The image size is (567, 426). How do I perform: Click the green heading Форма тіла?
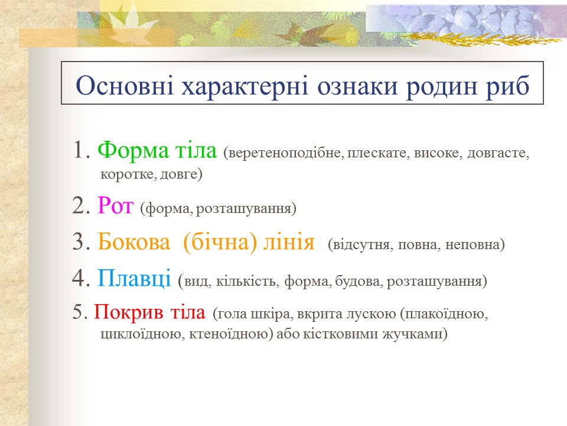pos(158,151)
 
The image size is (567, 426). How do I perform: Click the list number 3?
pos(79,243)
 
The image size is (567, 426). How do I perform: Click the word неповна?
pos(478,244)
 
